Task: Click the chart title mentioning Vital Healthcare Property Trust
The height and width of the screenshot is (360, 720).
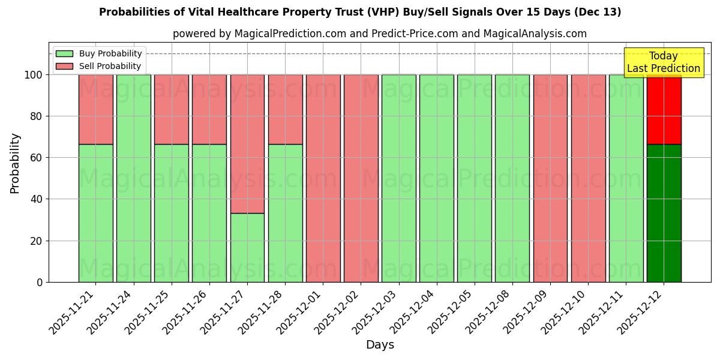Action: pyautogui.click(x=360, y=12)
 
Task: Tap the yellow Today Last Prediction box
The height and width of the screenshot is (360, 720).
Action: pyautogui.click(x=664, y=62)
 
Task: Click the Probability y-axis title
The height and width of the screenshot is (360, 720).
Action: pyautogui.click(x=15, y=163)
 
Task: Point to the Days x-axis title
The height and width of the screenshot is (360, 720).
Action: pyautogui.click(x=380, y=345)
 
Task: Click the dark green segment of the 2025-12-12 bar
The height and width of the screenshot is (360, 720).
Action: pyautogui.click(x=664, y=213)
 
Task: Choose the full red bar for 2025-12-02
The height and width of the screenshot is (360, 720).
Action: pyautogui.click(x=361, y=178)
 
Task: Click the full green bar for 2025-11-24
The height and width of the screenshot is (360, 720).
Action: pyautogui.click(x=133, y=178)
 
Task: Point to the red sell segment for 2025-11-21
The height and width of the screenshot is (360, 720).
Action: pyautogui.click(x=95, y=109)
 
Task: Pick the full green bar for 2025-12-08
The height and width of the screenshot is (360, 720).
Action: pyautogui.click(x=512, y=178)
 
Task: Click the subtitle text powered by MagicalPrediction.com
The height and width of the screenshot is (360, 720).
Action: pyautogui.click(x=380, y=34)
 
